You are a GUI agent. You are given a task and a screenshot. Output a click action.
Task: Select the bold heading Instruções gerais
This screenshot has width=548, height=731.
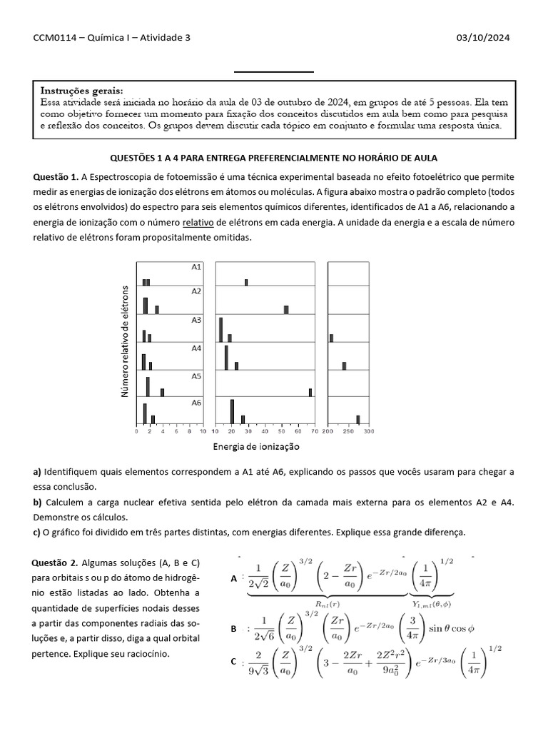point(81,91)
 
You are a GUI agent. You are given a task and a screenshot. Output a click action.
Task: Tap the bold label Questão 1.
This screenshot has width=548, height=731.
point(56,176)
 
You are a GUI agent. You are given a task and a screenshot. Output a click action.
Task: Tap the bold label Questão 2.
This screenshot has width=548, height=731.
point(57,563)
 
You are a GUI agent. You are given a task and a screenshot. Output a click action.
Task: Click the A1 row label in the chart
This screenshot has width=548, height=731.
point(196,266)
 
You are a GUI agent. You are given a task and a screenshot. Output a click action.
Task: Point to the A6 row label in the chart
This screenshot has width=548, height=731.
point(196,403)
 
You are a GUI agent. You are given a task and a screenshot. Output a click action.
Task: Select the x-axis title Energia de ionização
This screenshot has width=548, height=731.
point(256,447)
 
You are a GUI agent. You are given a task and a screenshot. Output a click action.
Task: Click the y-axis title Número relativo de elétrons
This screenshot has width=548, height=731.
point(126,341)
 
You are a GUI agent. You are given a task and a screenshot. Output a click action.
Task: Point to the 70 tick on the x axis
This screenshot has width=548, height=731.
point(312,431)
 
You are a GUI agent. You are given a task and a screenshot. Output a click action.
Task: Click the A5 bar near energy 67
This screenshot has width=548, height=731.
point(310,392)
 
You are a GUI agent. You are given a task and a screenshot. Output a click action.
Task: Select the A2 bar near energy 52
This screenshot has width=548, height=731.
point(286,309)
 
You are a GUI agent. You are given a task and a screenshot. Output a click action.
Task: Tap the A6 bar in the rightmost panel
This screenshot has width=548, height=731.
point(358,419)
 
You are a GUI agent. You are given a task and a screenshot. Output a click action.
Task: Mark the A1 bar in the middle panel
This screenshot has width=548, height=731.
point(246,282)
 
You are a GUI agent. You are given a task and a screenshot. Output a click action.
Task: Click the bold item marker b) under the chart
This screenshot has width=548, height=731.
point(38,503)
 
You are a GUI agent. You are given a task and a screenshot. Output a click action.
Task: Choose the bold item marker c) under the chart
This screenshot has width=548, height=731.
point(37,533)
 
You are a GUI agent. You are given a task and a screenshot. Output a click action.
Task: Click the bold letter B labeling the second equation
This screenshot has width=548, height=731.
point(233,629)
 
